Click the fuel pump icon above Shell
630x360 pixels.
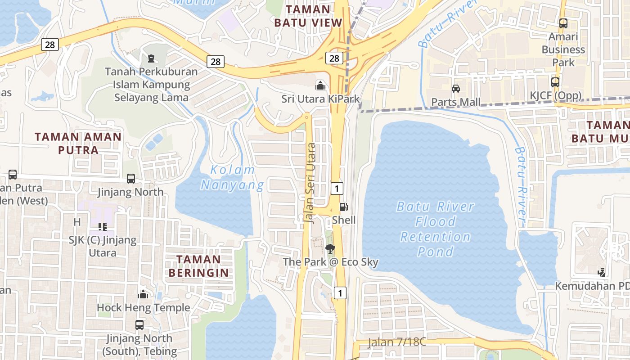(x=343, y=207)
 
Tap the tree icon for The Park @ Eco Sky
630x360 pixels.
(x=330, y=248)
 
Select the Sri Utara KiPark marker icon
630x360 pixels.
(x=320, y=85)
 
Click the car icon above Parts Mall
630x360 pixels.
(x=456, y=89)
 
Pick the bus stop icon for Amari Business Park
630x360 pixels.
(x=563, y=23)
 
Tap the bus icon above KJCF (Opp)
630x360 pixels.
(x=555, y=82)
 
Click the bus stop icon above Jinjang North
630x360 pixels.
(x=131, y=179)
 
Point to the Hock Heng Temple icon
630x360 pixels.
(x=143, y=295)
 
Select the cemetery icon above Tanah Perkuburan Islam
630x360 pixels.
(x=151, y=58)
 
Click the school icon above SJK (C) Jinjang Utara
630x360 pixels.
(x=102, y=226)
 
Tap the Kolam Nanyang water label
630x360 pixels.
(x=233, y=177)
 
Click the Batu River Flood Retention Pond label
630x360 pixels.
(x=435, y=229)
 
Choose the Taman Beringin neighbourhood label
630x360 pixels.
(x=198, y=265)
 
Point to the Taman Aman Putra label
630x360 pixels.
(x=78, y=143)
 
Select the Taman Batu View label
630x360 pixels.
(x=308, y=16)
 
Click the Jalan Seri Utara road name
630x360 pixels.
(x=310, y=183)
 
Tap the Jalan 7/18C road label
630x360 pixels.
(x=396, y=342)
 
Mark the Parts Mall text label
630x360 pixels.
(x=456, y=102)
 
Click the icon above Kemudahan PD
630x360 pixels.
(x=602, y=272)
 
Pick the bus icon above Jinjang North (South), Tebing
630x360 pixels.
(x=139, y=324)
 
